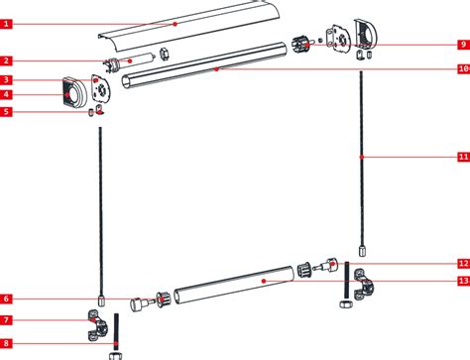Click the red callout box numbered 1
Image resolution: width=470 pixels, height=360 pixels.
(x=7, y=22)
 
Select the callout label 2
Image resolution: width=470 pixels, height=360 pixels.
(x=7, y=61)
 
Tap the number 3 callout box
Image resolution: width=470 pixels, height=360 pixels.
(x=7, y=79)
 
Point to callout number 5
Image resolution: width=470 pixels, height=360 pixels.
(x=7, y=112)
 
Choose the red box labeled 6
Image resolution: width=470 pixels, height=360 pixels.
(x=7, y=299)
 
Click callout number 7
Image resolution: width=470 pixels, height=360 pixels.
(x=7, y=320)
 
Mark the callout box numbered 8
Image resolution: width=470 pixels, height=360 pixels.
(x=7, y=343)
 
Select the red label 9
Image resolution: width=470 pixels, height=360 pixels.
(x=463, y=45)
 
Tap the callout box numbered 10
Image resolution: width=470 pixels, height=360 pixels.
(x=463, y=69)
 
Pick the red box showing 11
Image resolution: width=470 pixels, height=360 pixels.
(x=463, y=157)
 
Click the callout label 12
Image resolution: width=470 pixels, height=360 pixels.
(x=463, y=264)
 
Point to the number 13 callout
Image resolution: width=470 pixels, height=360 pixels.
(x=463, y=282)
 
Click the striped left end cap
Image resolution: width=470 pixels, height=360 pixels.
(x=73, y=93)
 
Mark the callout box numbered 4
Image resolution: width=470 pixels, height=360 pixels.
(x=7, y=95)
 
